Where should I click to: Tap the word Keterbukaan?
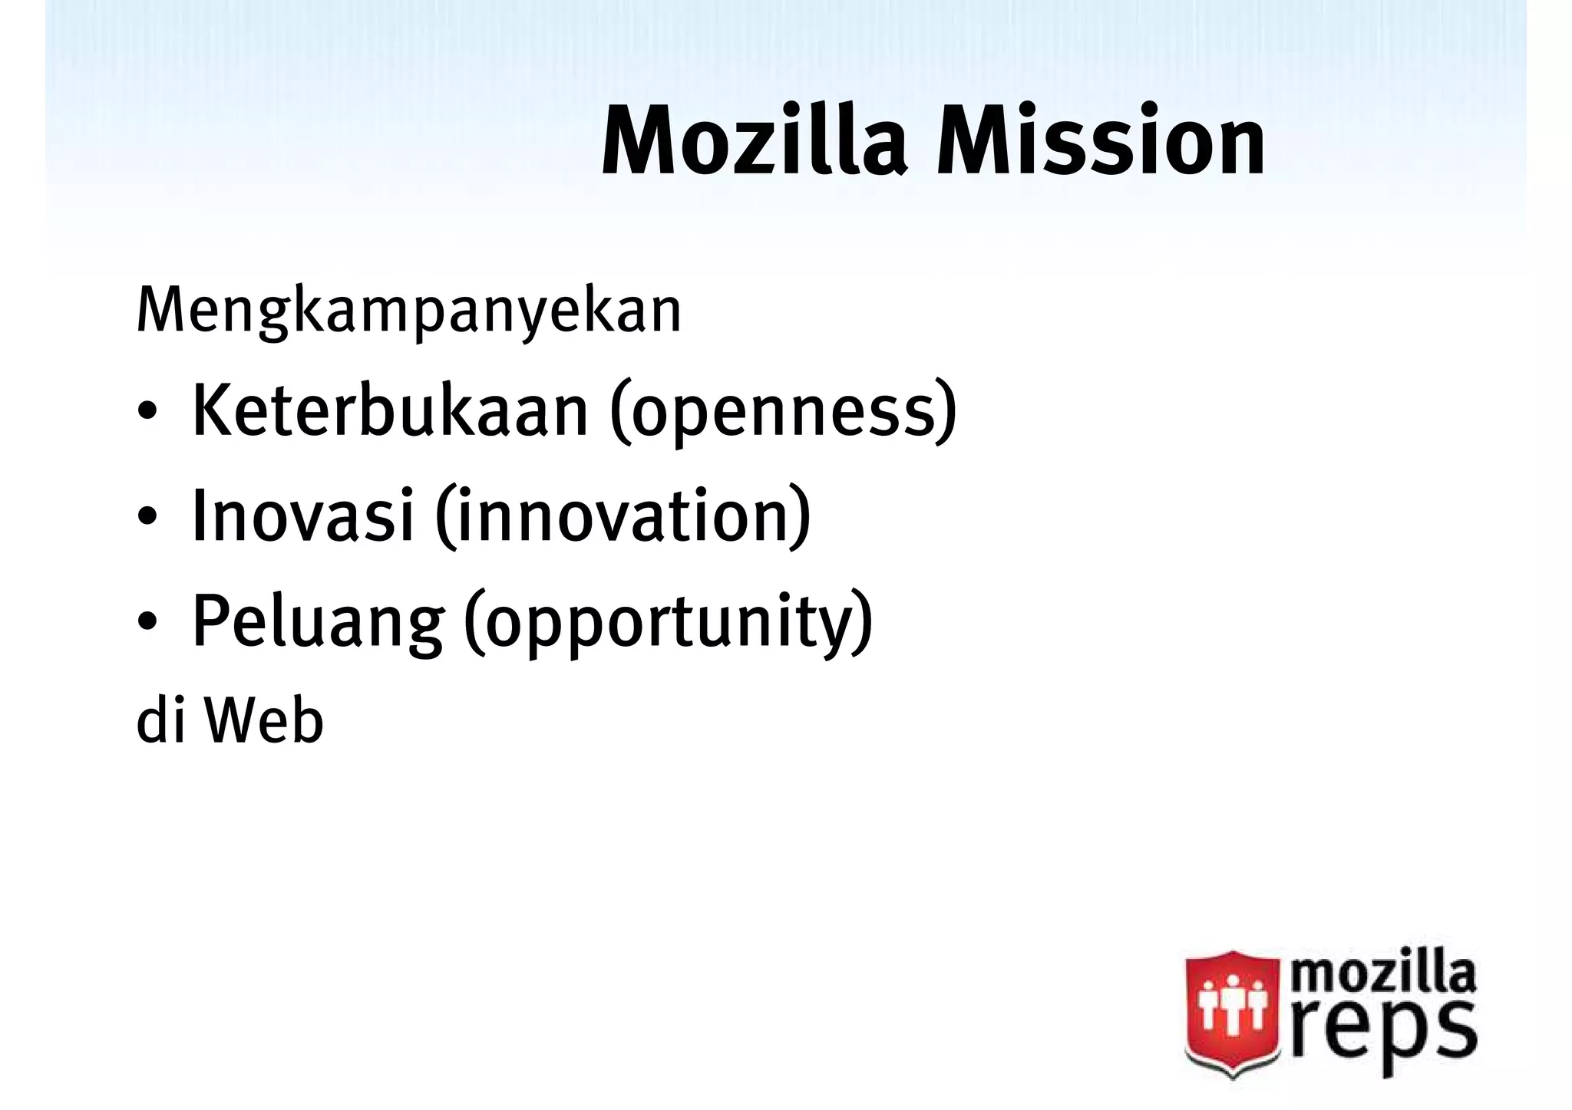390,412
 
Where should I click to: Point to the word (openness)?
784,414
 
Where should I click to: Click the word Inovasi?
302,516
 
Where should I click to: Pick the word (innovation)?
623,518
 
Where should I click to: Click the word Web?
263,722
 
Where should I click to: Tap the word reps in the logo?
1382,1031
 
